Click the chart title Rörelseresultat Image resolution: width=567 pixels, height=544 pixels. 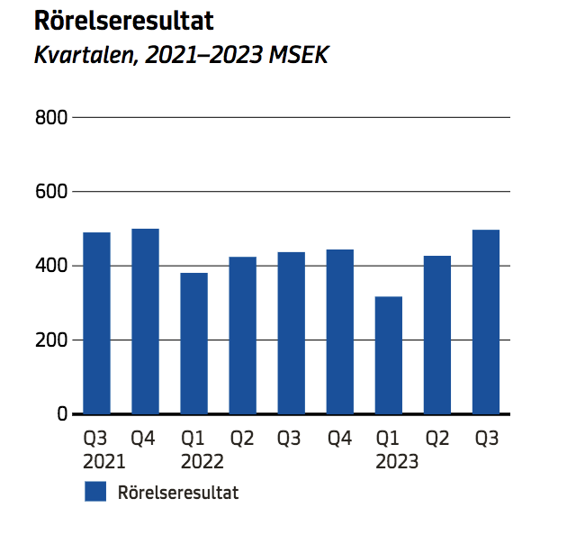coord(123,21)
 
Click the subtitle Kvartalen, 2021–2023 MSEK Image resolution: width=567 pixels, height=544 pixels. coord(180,56)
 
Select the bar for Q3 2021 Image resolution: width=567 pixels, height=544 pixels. coord(96,323)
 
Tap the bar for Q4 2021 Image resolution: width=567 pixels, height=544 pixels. coord(145,322)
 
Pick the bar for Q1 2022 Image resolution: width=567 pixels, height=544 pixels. coord(193,343)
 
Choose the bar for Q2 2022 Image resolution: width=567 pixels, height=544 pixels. coord(242,335)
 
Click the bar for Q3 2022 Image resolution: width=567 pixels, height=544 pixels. coord(291,332)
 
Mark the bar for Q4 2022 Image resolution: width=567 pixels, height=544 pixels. coord(339,331)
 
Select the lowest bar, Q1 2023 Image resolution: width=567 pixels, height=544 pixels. coord(388,355)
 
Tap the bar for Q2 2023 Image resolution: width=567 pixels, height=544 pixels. coord(436,334)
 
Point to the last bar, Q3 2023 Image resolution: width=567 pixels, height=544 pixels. coord(485,322)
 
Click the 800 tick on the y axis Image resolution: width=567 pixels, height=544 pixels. coord(51,117)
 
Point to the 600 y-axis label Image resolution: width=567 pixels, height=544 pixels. coord(51,192)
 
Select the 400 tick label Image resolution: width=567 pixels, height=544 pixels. coord(51,266)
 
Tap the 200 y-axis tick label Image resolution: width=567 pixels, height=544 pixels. coord(51,340)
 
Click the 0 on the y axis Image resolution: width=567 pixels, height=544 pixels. coord(62,414)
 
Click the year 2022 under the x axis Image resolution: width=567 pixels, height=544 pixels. coord(202,462)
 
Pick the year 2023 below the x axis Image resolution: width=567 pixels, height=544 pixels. coord(396,462)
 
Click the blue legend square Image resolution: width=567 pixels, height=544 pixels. coord(95,492)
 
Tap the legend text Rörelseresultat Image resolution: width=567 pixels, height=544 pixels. coord(178,493)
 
